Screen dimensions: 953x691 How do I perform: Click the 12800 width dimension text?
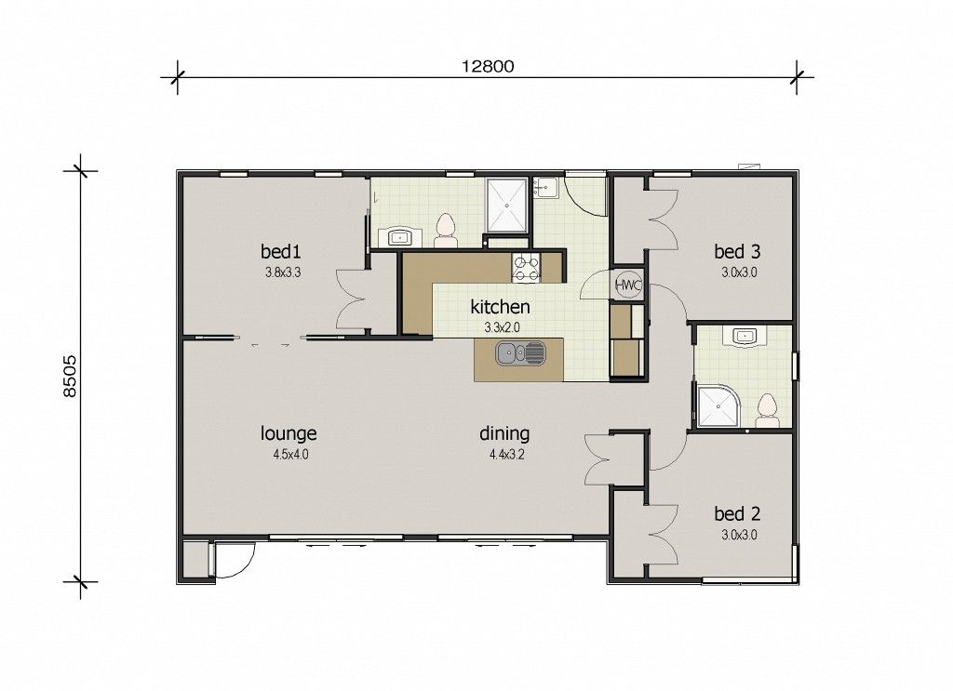(x=488, y=66)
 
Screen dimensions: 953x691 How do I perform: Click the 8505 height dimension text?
(x=71, y=377)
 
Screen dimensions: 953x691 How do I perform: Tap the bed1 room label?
(x=281, y=251)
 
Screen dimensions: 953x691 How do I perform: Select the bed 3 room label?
(x=737, y=251)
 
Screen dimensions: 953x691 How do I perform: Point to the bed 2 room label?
(x=737, y=514)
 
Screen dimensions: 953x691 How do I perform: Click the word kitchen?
(x=500, y=307)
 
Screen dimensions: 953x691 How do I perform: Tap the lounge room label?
(x=289, y=433)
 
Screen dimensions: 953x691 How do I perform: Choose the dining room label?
(x=504, y=433)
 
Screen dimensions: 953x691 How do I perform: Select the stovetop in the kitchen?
(x=527, y=268)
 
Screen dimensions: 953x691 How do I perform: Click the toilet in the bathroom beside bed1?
(x=446, y=231)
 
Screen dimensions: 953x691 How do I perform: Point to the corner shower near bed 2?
(x=718, y=406)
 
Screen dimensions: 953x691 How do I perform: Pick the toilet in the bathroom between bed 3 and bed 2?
(x=768, y=410)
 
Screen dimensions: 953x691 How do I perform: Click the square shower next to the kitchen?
(x=506, y=205)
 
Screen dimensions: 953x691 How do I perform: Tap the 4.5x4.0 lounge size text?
(x=291, y=454)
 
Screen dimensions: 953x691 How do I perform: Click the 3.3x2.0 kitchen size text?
(x=502, y=328)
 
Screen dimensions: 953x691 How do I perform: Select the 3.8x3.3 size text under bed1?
(x=283, y=272)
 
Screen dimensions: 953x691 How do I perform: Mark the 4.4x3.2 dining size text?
(x=507, y=454)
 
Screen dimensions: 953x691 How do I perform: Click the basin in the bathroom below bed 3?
(x=745, y=337)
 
